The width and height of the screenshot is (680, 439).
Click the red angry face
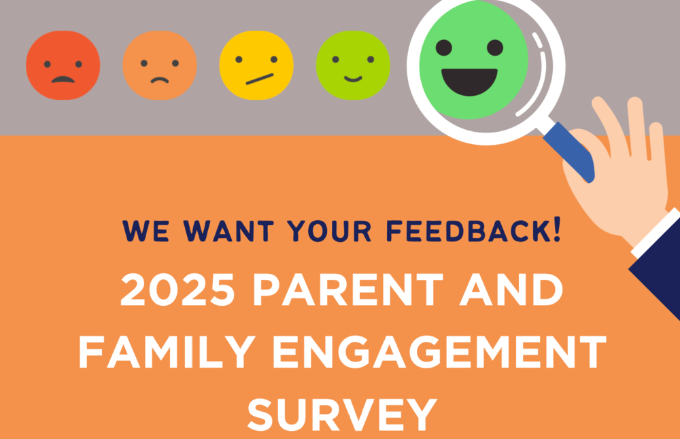pyautogui.click(x=63, y=66)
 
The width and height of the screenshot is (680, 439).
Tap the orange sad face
pyautogui.click(x=159, y=66)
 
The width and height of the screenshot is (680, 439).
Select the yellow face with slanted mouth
pyautogui.click(x=256, y=66)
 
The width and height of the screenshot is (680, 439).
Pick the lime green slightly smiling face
pyautogui.click(x=353, y=66)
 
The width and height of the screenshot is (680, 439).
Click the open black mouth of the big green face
pyautogui.click(x=470, y=81)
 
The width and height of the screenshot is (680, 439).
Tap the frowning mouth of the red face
pyautogui.click(x=63, y=79)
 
